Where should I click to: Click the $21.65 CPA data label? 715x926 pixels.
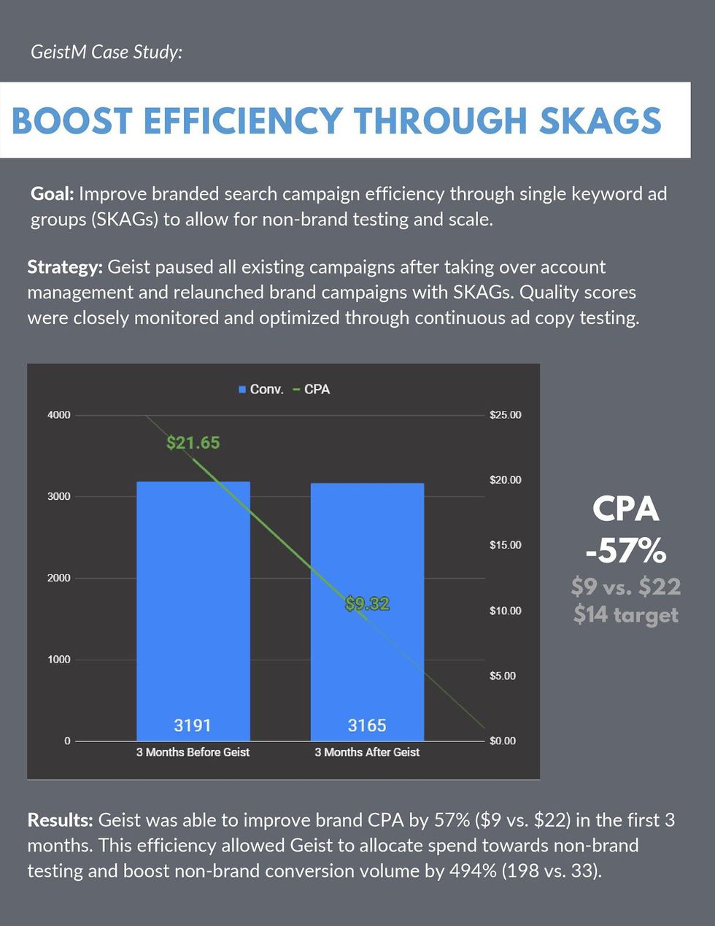point(193,443)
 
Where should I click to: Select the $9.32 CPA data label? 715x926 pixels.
point(367,604)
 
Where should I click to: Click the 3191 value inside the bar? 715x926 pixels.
point(193,725)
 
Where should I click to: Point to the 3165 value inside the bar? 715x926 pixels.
point(367,725)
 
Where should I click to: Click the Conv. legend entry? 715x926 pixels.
point(260,390)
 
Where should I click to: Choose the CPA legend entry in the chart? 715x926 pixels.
point(312,390)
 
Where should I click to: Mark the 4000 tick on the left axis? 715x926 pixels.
point(59,415)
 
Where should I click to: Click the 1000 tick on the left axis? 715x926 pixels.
point(59,660)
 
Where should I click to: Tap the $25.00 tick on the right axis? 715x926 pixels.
point(506,415)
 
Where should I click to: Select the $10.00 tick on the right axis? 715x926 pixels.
point(506,611)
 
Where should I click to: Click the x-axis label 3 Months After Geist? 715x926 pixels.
point(367,752)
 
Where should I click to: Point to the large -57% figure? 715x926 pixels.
point(626,550)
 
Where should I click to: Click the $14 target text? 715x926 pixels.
point(626,614)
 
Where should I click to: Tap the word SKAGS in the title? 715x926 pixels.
point(600,121)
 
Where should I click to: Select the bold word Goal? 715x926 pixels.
point(53,194)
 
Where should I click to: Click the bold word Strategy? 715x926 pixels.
point(65,267)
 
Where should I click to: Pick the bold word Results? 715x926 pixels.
point(60,820)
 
